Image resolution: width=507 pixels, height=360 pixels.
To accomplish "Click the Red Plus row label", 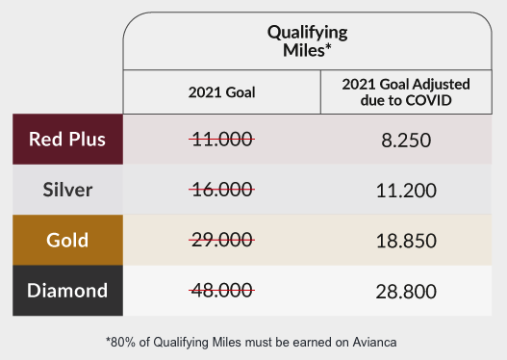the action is [x=67, y=139].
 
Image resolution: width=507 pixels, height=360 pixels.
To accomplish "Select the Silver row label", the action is [x=67, y=190].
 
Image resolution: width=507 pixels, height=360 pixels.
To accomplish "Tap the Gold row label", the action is [x=67, y=240].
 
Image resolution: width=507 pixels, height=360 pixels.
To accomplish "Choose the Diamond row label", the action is [x=67, y=290].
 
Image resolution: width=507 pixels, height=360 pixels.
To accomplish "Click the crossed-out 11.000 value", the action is [x=222, y=140].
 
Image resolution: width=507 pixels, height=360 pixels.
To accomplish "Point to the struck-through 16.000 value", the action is [x=222, y=190].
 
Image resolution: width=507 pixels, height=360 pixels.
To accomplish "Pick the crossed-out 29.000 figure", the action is [x=222, y=240].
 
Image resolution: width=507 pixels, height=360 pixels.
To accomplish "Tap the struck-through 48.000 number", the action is [x=222, y=290].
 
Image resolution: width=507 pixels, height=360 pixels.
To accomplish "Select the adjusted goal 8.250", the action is [x=406, y=141].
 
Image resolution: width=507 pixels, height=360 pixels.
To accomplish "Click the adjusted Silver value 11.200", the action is [x=406, y=191].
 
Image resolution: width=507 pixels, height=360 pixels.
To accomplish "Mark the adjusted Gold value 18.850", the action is [x=406, y=241].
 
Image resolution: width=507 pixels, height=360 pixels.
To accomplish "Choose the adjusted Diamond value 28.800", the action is [x=406, y=292].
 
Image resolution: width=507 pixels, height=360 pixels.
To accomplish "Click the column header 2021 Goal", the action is [x=222, y=92].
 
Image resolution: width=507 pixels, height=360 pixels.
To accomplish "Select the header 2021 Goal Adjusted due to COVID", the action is [x=406, y=92].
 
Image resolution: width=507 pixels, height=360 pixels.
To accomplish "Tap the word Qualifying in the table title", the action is [x=308, y=33].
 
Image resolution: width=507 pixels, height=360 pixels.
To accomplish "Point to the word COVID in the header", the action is [x=429, y=100].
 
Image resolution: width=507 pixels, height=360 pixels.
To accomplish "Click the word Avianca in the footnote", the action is [x=375, y=343].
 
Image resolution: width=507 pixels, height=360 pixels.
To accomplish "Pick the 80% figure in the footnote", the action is [x=123, y=343].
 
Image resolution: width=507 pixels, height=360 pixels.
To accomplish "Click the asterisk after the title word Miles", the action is [x=328, y=46].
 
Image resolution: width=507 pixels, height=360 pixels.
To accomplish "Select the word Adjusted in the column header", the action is [x=442, y=85].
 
